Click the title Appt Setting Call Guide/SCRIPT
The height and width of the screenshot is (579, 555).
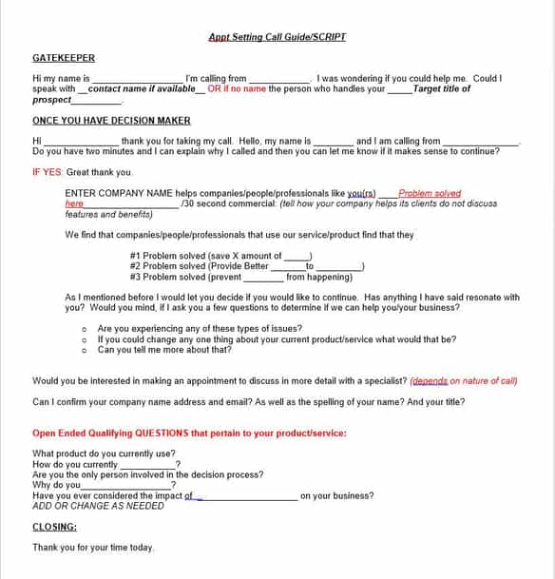pyautogui.click(x=277, y=37)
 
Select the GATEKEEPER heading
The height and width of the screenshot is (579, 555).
pyautogui.click(x=64, y=58)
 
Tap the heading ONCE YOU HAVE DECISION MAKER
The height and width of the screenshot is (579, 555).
pyautogui.click(x=111, y=121)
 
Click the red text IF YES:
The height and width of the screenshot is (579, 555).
pyautogui.click(x=48, y=172)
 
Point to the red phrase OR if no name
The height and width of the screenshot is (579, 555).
pyautogui.click(x=238, y=88)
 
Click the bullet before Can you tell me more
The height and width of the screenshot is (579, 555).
pyautogui.click(x=85, y=350)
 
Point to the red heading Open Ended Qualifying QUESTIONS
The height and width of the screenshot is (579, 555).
pyautogui.click(x=189, y=433)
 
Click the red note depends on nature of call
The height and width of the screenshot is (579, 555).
pyautogui.click(x=464, y=380)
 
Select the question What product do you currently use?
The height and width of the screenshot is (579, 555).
pyautogui.click(x=104, y=454)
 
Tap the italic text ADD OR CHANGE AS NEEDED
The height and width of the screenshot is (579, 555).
pyautogui.click(x=98, y=506)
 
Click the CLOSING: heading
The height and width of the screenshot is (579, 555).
pyautogui.click(x=55, y=527)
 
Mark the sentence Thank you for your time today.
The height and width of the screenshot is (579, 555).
pyautogui.click(x=93, y=548)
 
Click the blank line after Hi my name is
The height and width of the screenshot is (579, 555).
pyautogui.click(x=138, y=79)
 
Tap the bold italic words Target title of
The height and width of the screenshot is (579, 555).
pyautogui.click(x=442, y=88)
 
